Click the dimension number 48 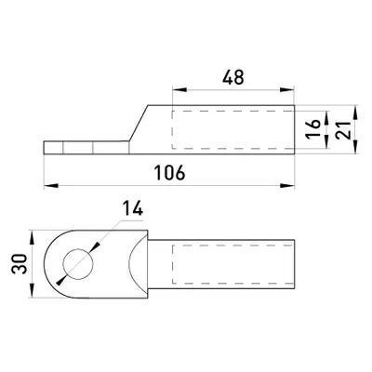tap(233, 77)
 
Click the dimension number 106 tap(170, 173)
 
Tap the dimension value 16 tap(314, 129)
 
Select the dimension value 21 tap(343, 129)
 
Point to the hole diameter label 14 tap(133, 208)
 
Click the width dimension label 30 tap(20, 264)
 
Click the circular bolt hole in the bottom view tap(78, 264)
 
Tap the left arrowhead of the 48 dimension tap(179, 90)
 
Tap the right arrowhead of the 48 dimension tap(286, 90)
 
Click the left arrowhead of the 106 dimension tap(51, 186)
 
